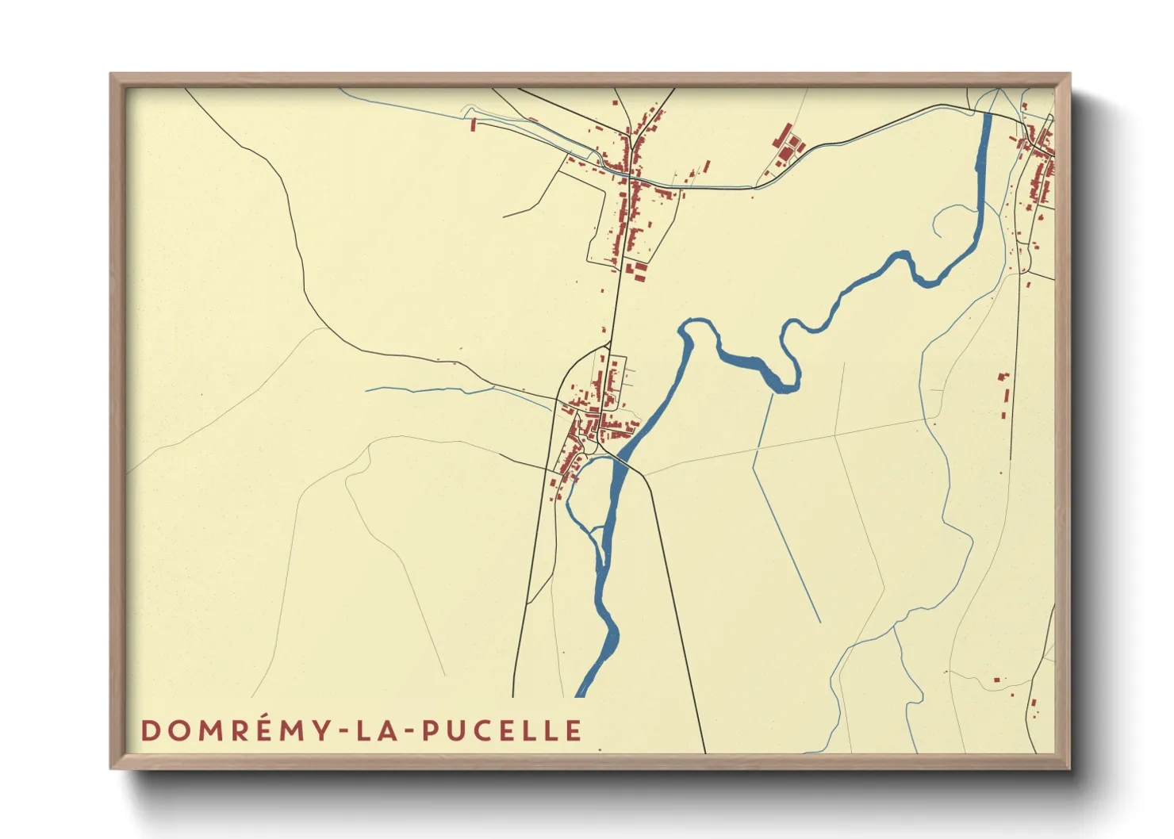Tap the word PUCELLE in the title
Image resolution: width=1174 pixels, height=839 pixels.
(x=502, y=730)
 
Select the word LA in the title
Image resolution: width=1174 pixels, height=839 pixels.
(x=378, y=730)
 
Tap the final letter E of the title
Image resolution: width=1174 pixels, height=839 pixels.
(x=574, y=730)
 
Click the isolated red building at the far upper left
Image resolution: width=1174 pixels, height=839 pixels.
(x=474, y=125)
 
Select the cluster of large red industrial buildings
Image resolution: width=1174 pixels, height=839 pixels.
(x=788, y=145)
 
